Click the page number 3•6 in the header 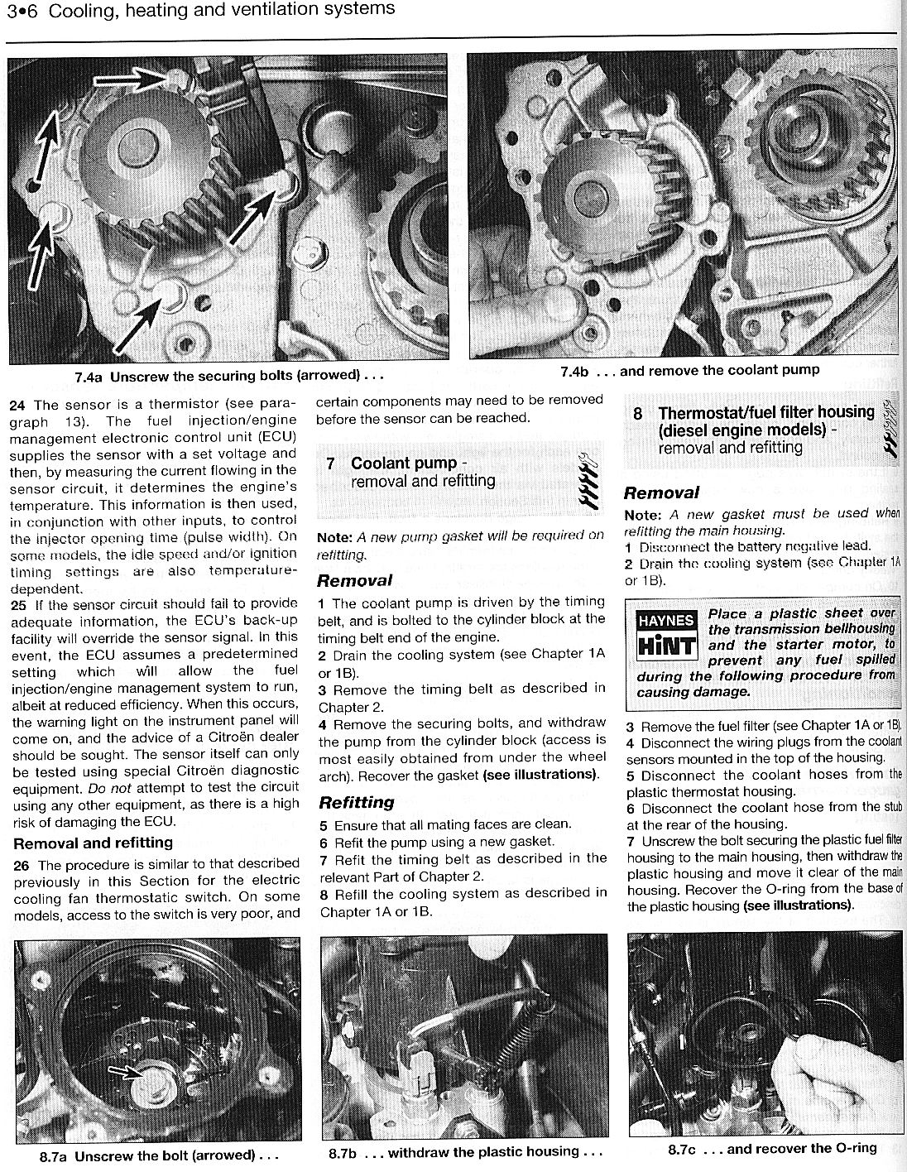pyautogui.click(x=22, y=10)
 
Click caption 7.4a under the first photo pyautogui.click(x=87, y=376)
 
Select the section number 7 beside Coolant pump pyautogui.click(x=330, y=464)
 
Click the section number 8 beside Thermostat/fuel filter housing pyautogui.click(x=637, y=413)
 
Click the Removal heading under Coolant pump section pyautogui.click(x=354, y=580)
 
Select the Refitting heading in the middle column pyautogui.click(x=357, y=802)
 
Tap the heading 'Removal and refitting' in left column pyautogui.click(x=94, y=843)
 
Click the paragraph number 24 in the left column pyautogui.click(x=17, y=405)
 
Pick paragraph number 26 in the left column pyautogui.click(x=17, y=864)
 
